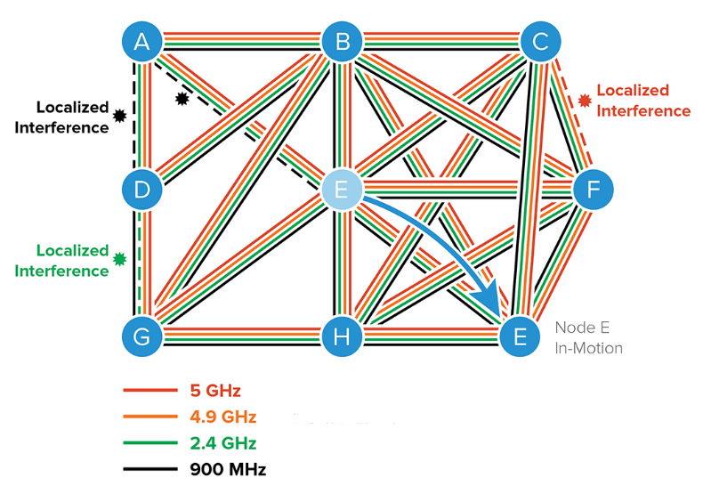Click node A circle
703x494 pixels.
142,41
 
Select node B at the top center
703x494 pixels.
341,41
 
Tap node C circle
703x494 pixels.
540,41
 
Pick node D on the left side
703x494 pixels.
142,189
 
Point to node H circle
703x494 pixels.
341,336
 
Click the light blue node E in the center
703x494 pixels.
341,189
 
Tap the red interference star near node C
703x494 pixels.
584,101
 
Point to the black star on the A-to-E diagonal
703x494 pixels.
182,99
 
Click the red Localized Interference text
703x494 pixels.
642,101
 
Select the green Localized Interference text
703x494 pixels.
61,261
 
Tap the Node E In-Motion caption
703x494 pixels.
588,337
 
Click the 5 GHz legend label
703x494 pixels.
214,391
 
